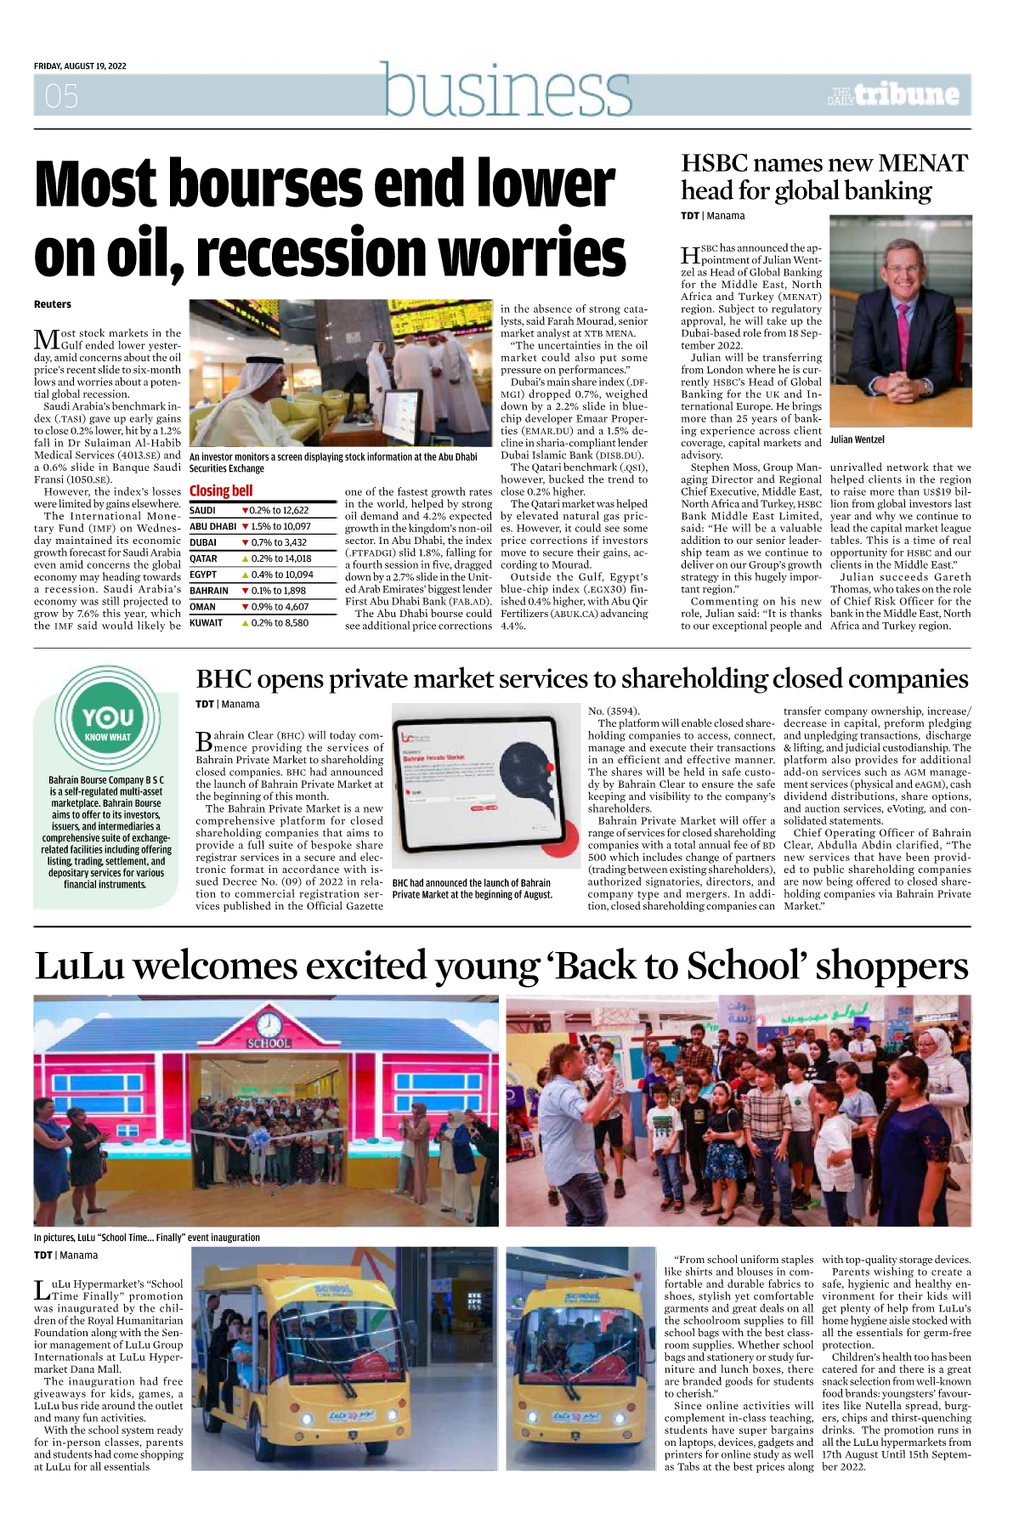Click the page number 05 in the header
coord(61,96)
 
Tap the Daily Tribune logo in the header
coord(895,94)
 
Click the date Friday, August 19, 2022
coord(80,66)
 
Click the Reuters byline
coord(53,304)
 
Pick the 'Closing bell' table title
coord(221,490)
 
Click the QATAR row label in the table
coord(203,558)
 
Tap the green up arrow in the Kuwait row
coord(245,623)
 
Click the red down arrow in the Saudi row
coord(245,511)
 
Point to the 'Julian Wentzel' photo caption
coord(857,439)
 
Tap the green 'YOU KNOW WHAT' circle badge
coord(107,718)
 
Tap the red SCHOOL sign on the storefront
coord(269,1043)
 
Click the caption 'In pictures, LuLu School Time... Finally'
coord(147,1238)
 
